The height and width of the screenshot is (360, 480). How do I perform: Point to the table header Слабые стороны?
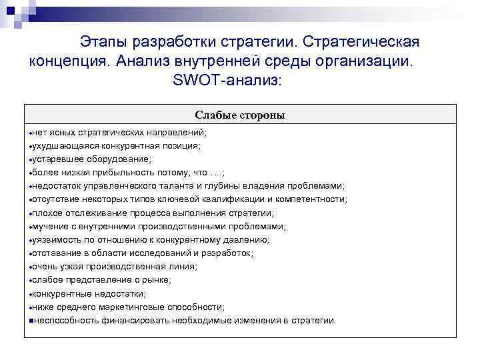click(240, 115)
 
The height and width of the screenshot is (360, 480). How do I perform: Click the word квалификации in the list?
click(237, 199)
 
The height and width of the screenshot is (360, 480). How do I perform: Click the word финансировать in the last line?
click(131, 320)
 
